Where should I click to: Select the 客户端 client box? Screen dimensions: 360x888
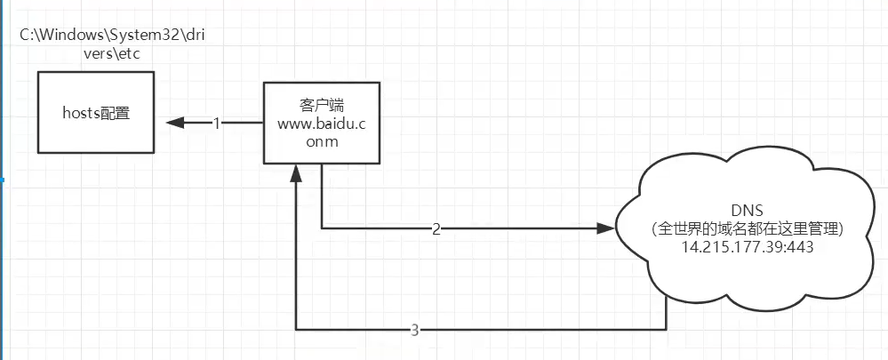(321, 123)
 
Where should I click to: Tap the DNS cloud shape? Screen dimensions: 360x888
(748, 233)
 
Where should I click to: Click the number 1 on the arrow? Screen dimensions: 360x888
(216, 124)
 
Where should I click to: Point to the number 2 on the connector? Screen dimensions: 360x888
(436, 228)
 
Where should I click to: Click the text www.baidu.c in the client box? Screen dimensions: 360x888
(322, 123)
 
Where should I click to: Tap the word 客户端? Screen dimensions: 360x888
(321, 104)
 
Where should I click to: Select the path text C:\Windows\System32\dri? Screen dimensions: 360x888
(112, 35)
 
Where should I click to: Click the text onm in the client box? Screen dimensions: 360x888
(321, 141)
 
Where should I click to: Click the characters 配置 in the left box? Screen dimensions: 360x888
(115, 114)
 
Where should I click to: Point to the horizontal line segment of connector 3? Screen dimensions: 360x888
(533, 330)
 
